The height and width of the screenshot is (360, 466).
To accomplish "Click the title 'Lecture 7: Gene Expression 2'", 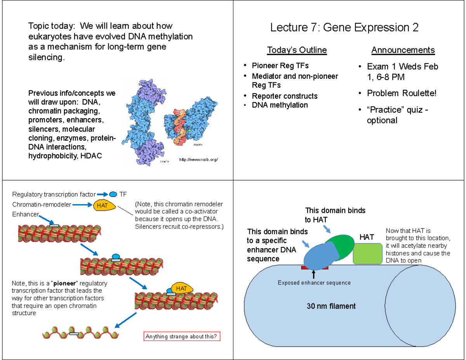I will pyautogui.click(x=344, y=28).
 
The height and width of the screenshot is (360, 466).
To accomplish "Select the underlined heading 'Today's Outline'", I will pyautogui.click(x=297, y=50).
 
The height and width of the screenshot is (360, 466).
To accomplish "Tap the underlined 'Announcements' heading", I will pyautogui.click(x=403, y=50).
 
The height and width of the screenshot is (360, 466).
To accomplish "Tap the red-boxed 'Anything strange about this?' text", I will pyautogui.click(x=181, y=336).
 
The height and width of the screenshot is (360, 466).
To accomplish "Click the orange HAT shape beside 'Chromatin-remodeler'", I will pyautogui.click(x=104, y=205).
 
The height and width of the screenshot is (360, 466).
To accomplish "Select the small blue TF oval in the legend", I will pyautogui.click(x=113, y=194).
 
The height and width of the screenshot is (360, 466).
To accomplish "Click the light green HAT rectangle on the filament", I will pyautogui.click(x=367, y=254).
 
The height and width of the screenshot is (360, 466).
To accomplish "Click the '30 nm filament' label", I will pyautogui.click(x=331, y=306).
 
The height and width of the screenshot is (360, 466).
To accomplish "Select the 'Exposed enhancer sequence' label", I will pyautogui.click(x=314, y=283).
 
